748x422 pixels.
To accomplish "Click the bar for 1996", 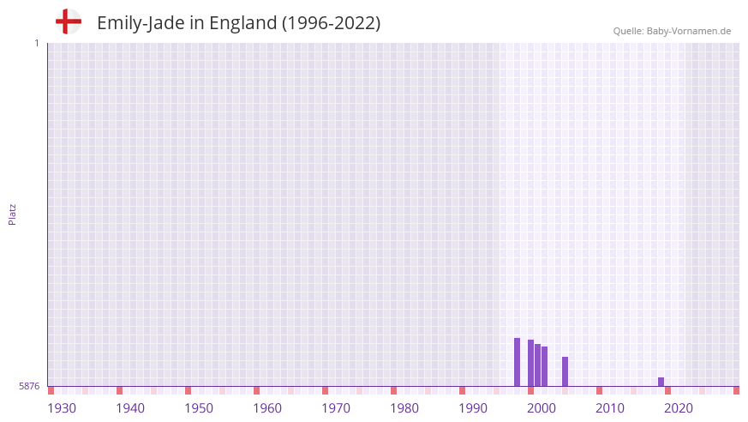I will (517, 362).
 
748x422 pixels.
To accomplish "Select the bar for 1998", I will (530, 363).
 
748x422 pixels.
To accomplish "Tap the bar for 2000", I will (544, 366).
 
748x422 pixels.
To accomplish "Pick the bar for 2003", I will (565, 371).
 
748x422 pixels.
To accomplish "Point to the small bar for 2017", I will (661, 382).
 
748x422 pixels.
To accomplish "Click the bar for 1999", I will (537, 365).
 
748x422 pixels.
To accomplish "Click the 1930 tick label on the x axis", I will (62, 408).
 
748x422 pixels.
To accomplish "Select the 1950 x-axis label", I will (199, 408).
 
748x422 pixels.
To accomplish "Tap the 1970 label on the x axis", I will (336, 408).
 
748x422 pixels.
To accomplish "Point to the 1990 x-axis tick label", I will (473, 408).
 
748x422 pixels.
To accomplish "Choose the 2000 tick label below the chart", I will (542, 408).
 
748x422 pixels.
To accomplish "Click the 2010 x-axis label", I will (610, 408).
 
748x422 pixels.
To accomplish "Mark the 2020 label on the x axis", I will (679, 408).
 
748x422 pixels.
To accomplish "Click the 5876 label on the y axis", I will (29, 387).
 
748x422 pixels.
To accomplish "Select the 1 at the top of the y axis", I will (36, 43).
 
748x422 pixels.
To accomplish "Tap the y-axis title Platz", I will (12, 214).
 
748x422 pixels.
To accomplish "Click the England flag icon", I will (69, 22).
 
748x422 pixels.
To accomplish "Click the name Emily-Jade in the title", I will (137, 23).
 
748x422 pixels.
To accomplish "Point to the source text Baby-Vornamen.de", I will (689, 31).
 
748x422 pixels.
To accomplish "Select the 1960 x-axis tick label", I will (267, 408).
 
